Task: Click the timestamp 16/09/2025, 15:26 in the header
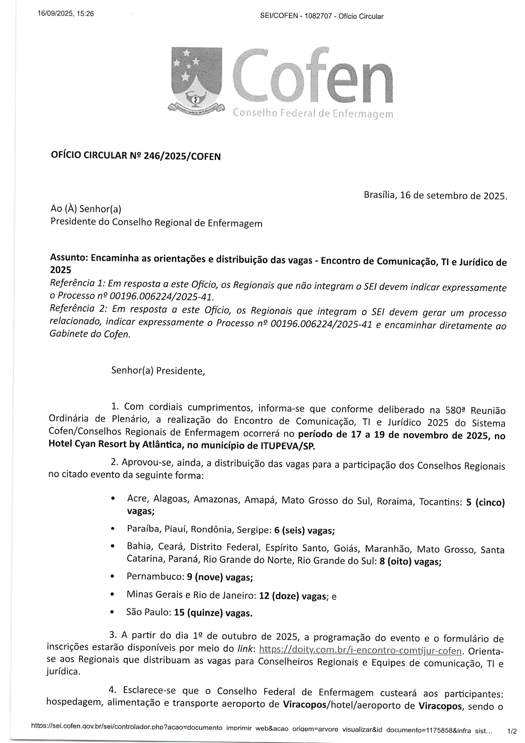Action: pyautogui.click(x=66, y=14)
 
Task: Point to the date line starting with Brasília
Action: pyautogui.click(x=435, y=195)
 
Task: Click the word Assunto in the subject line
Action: pyautogui.click(x=68, y=258)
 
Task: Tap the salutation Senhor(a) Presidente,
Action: pyautogui.click(x=158, y=371)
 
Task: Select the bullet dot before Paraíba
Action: pyautogui.click(x=113, y=529)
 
